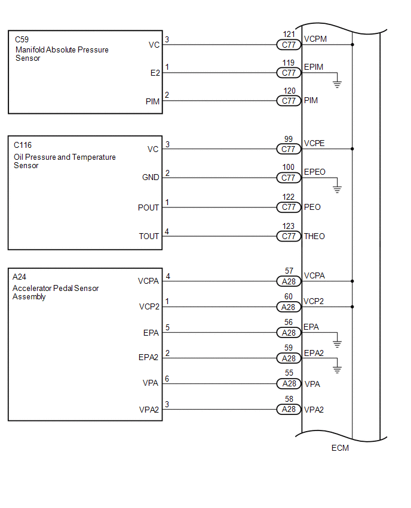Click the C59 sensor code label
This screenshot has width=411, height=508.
pyautogui.click(x=21, y=41)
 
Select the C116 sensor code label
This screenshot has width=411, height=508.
pyautogui.click(x=23, y=145)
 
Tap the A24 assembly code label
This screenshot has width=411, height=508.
pyautogui.click(x=20, y=276)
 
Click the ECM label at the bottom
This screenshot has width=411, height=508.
pyautogui.click(x=340, y=448)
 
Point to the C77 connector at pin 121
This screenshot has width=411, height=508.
pyautogui.click(x=289, y=45)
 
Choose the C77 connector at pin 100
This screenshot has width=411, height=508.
pyautogui.click(x=289, y=178)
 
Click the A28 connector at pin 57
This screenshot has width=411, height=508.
pyautogui.click(x=289, y=281)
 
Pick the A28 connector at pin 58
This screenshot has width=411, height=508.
pyautogui.click(x=289, y=410)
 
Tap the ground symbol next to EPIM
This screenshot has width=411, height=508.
pyautogui.click(x=337, y=85)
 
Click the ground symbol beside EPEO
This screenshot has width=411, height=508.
pyautogui.click(x=337, y=190)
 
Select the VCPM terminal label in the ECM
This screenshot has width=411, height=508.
pyautogui.click(x=315, y=39)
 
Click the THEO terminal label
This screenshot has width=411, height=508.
pyautogui.click(x=314, y=236)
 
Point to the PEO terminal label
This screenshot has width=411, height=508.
pyautogui.click(x=312, y=207)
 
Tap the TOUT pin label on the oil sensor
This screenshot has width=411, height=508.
pyautogui.click(x=149, y=236)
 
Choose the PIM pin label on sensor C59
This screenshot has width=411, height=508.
pyautogui.click(x=152, y=102)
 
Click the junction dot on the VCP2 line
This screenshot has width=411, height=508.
pyautogui.click(x=352, y=307)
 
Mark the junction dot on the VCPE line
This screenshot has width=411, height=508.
pyautogui.click(x=352, y=149)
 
